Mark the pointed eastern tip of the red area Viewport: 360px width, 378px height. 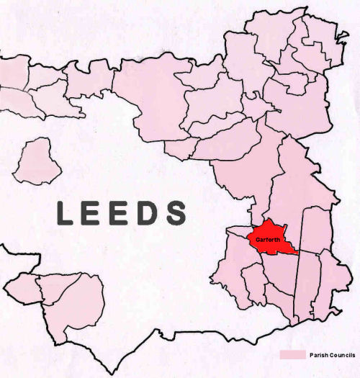point(296,253)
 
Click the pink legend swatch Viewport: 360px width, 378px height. point(292,355)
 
